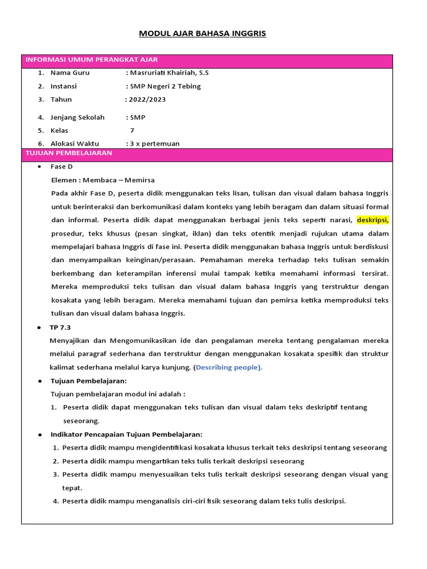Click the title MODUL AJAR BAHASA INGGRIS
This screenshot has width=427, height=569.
(x=202, y=34)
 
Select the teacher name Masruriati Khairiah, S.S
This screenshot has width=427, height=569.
(x=169, y=73)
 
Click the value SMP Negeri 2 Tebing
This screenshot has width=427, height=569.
(x=165, y=86)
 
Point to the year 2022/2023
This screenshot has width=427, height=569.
(x=147, y=99)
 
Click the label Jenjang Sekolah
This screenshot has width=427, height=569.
(x=77, y=117)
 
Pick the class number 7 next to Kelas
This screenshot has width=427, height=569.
(x=132, y=131)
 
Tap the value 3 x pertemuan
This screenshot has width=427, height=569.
(x=155, y=143)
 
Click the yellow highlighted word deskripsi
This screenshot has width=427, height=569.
(x=373, y=219)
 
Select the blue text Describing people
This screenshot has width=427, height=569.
(x=228, y=367)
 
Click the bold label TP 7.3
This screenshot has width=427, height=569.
(x=61, y=327)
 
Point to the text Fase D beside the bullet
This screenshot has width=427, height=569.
(x=62, y=167)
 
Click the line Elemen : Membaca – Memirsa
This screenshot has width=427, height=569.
(x=102, y=180)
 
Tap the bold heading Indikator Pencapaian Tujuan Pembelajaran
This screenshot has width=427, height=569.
(x=126, y=434)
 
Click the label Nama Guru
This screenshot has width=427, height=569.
(x=69, y=73)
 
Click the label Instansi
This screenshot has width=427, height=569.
(x=63, y=86)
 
